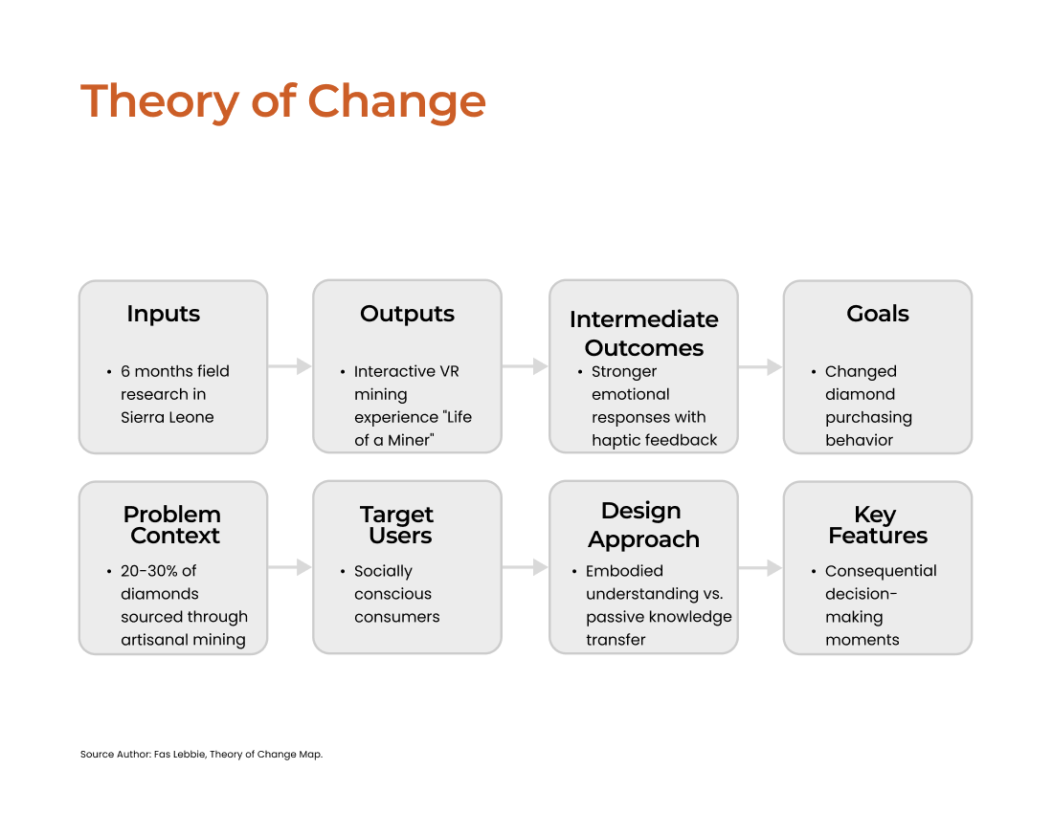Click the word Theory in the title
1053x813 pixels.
coord(160,102)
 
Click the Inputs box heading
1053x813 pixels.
coord(163,314)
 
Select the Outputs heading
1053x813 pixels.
coord(407,314)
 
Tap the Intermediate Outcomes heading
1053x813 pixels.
coord(644,334)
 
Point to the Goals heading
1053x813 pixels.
coord(878,314)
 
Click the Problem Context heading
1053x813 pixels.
coord(172,524)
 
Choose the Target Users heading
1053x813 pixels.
coord(397,524)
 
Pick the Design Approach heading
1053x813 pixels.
coord(643,524)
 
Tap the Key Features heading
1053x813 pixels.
coord(878,524)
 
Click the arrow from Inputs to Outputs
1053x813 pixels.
coord(290,366)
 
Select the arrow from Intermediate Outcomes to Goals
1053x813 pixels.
coord(761,367)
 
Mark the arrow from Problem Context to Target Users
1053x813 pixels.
coord(290,567)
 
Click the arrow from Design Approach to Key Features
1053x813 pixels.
coord(761,568)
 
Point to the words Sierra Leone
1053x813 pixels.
coord(168,417)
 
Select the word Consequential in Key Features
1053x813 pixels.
coord(881,571)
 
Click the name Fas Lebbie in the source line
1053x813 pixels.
coord(179,754)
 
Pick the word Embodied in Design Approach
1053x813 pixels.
coord(624,571)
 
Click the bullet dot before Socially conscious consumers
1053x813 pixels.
coord(343,572)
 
